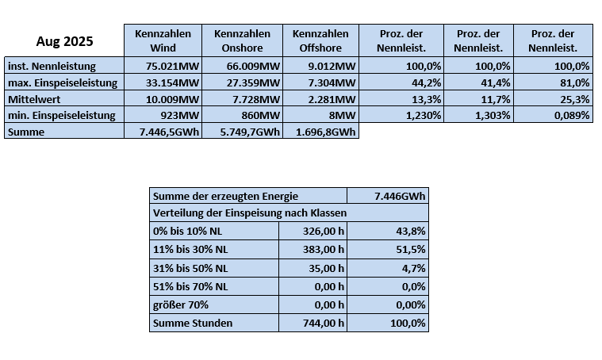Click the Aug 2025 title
pyautogui.click(x=63, y=40)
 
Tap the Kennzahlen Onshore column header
pyautogui.click(x=241, y=40)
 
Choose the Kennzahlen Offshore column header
pyautogui.click(x=320, y=40)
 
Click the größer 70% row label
pyautogui.click(x=182, y=305)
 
